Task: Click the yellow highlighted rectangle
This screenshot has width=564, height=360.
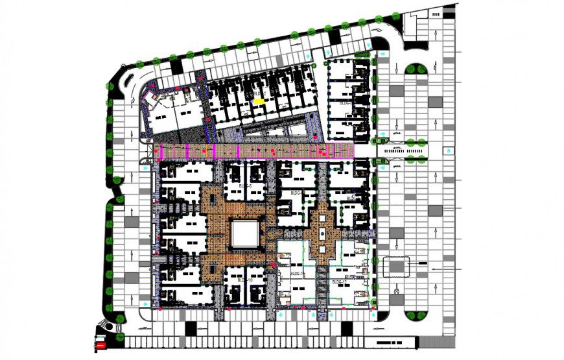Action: click(x=259, y=101)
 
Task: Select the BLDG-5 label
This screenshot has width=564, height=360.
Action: click(x=244, y=186)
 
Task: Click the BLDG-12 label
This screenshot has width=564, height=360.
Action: click(x=338, y=282)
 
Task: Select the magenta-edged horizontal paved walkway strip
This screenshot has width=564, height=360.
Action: click(x=256, y=151)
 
